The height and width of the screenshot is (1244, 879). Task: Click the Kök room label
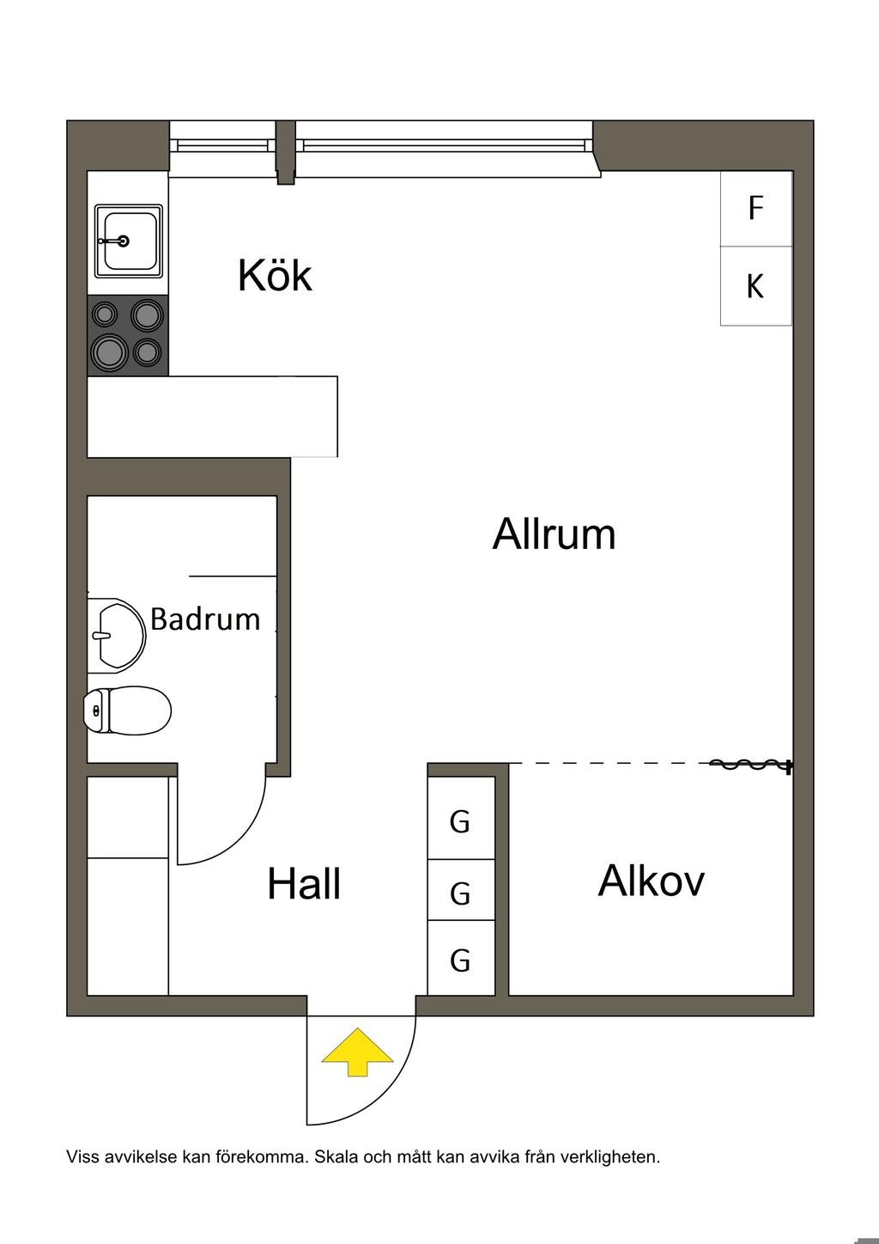pyautogui.click(x=275, y=276)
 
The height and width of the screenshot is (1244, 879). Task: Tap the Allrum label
pyautogui.click(x=554, y=534)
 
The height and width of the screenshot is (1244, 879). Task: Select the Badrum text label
pyautogui.click(x=205, y=619)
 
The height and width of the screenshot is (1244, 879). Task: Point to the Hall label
pyautogui.click(x=304, y=884)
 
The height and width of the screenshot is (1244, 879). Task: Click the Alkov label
pyautogui.click(x=651, y=881)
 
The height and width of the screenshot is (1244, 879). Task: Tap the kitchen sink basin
pyautogui.click(x=128, y=241)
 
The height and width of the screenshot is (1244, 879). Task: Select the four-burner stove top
pyautogui.click(x=128, y=336)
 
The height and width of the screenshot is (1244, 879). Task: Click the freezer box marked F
pyautogui.click(x=755, y=209)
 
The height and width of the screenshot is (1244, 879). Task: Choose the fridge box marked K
pyautogui.click(x=755, y=286)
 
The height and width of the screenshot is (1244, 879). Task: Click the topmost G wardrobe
pyautogui.click(x=461, y=822)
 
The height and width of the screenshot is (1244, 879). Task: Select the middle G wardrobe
pyautogui.click(x=461, y=893)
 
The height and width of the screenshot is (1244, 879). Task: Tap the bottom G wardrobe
pyautogui.click(x=461, y=959)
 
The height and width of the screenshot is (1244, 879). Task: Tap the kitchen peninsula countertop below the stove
pyautogui.click(x=212, y=417)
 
